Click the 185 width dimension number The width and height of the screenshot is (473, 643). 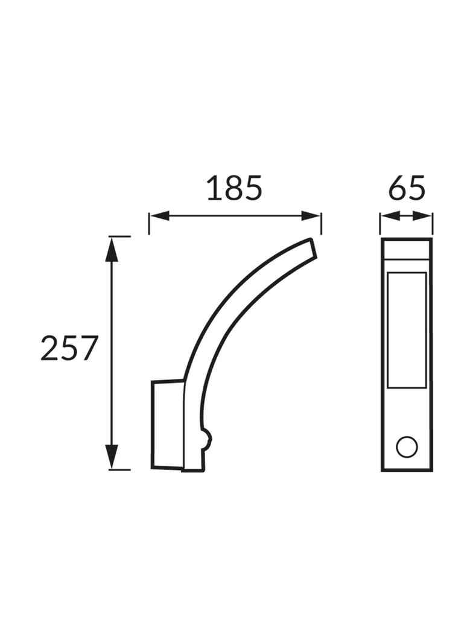234,188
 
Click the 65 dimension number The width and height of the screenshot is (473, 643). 407,188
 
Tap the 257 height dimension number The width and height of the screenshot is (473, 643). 69,349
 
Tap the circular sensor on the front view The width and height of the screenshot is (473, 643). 406,447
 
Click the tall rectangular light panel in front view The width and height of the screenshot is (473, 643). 406,330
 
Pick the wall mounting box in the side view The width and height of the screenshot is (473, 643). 167,423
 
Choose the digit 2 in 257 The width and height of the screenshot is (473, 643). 49,349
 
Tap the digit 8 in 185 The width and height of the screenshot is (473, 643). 234,188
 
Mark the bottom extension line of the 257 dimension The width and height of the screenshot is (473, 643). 119,469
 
